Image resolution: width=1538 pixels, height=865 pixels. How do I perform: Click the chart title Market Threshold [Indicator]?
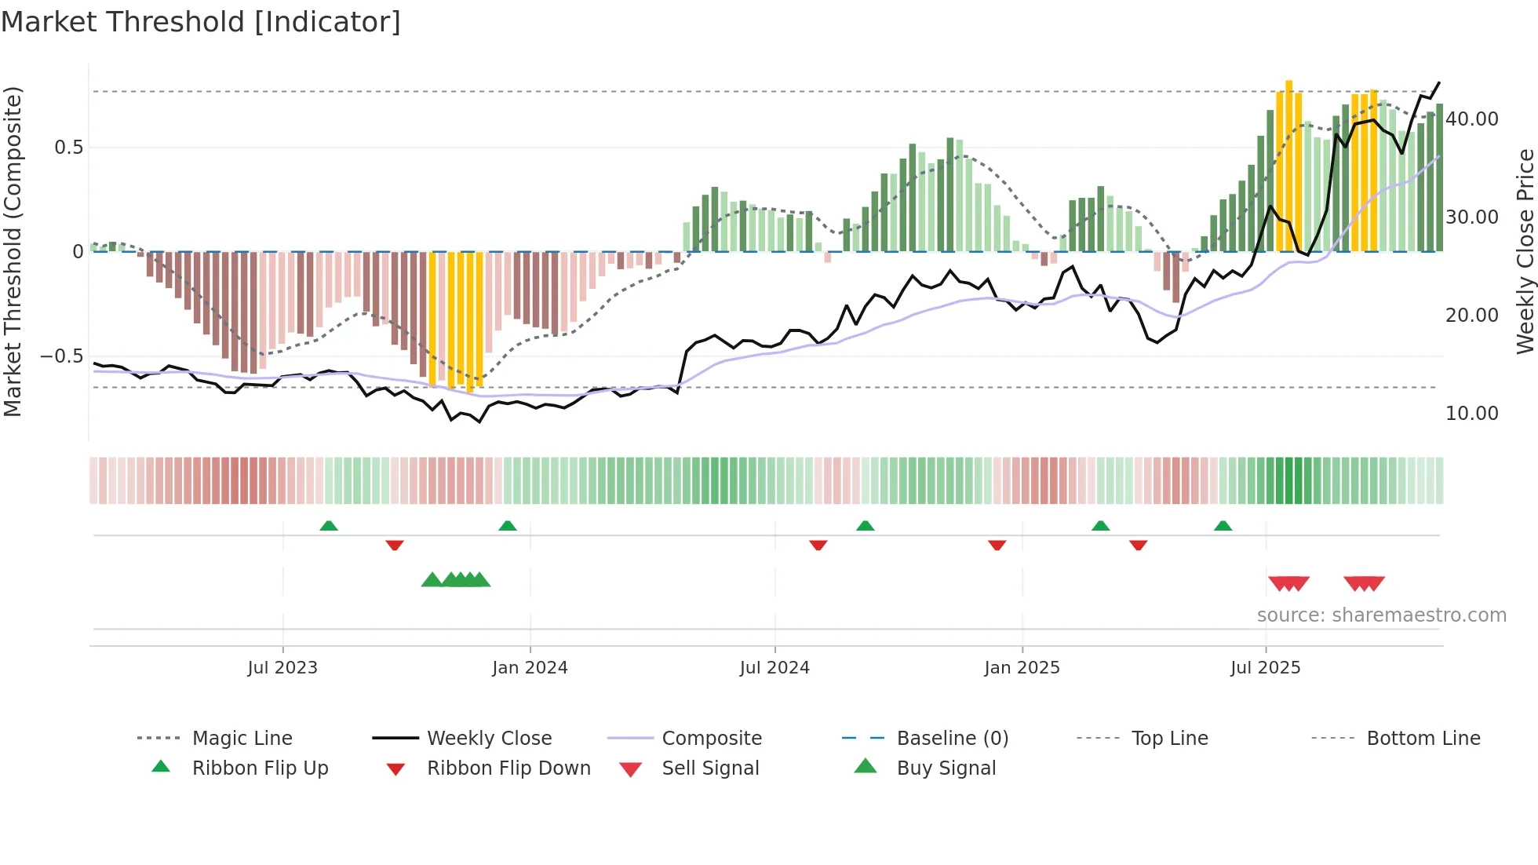(x=201, y=22)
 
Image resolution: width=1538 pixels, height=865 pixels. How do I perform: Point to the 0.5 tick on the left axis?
(x=68, y=148)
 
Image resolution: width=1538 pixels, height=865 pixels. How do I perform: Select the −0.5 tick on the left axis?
(x=62, y=356)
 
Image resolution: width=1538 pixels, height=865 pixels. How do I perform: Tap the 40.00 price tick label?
(x=1471, y=119)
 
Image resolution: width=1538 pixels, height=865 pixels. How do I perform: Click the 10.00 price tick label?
(x=1471, y=414)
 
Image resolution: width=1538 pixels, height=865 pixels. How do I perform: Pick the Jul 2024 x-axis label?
(x=774, y=668)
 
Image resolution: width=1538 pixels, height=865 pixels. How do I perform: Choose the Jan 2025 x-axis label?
(x=1022, y=668)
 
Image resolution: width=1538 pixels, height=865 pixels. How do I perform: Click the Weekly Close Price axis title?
(x=1525, y=251)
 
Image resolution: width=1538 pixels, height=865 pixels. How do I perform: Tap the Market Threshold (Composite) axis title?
(x=13, y=251)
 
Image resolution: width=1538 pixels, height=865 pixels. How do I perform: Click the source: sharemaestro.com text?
(x=1381, y=615)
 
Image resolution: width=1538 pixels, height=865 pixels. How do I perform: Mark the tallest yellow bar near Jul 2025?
(x=1288, y=165)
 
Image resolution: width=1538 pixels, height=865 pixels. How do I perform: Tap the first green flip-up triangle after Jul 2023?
(x=329, y=526)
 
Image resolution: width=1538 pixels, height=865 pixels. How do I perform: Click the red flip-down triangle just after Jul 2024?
(x=818, y=545)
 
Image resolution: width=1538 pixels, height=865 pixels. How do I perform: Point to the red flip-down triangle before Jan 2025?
(x=997, y=545)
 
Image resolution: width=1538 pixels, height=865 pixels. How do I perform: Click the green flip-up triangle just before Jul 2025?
(x=1223, y=526)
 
